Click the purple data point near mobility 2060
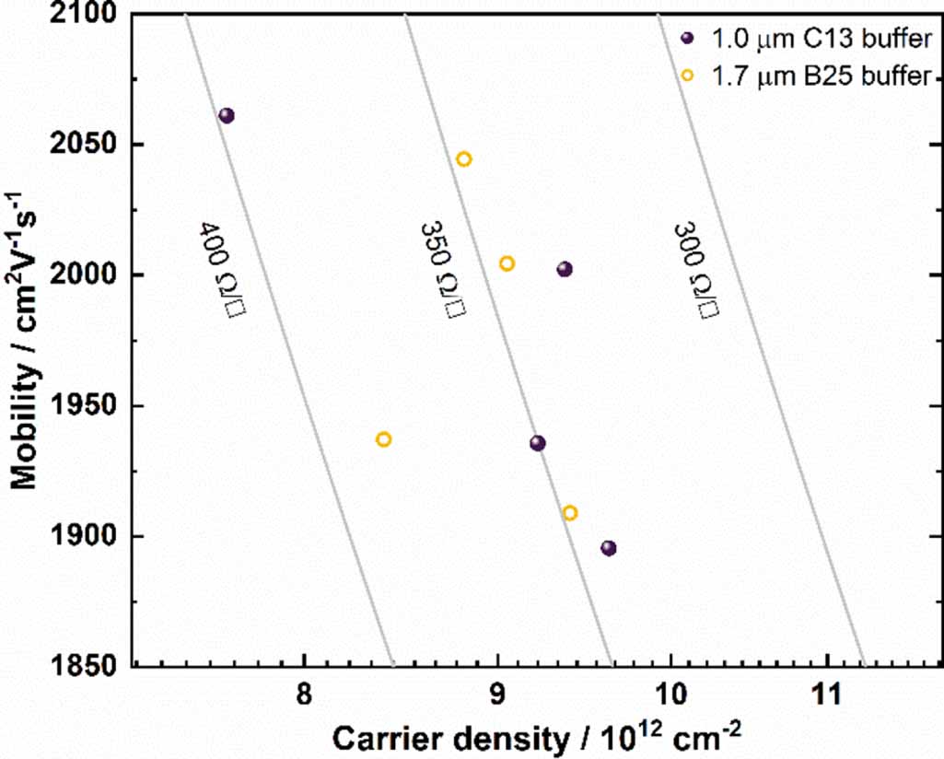point(227,115)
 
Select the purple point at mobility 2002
point(565,269)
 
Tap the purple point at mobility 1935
point(538,443)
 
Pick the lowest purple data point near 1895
point(608,548)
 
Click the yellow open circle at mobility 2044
point(464,158)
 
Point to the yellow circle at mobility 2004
point(507,263)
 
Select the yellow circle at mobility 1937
point(383,439)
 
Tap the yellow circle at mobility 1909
point(570,513)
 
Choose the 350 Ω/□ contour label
point(440,270)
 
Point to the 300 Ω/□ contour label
point(695,270)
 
